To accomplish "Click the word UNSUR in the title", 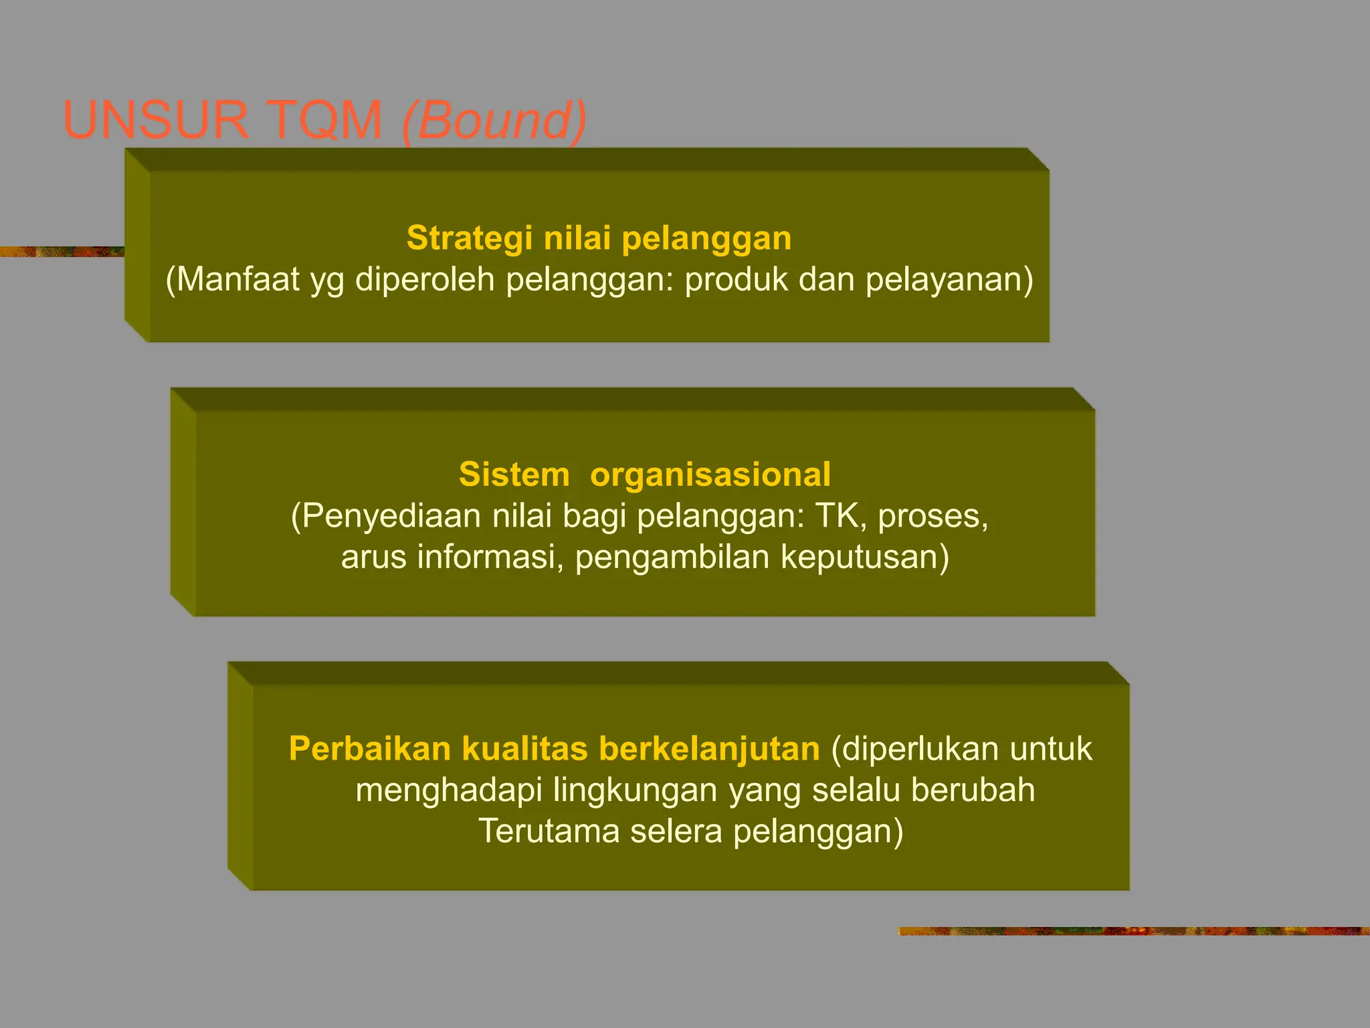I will click(155, 120).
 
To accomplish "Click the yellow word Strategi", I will click(470, 238).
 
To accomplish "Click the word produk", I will click(737, 279).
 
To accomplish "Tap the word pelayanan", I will click(949, 279).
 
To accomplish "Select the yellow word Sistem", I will click(514, 475).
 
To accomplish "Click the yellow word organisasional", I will click(710, 475).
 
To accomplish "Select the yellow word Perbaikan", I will click(370, 749).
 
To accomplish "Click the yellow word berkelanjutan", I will click(709, 749).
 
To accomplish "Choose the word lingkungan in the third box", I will click(635, 790).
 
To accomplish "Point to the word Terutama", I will click(549, 831).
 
